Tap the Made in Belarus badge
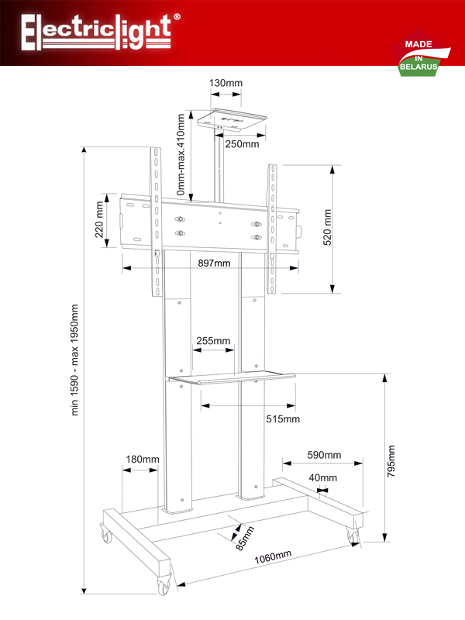pyautogui.click(x=421, y=53)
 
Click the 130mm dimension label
pyautogui.click(x=226, y=83)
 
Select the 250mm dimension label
pyautogui.click(x=242, y=144)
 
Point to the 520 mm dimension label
pyautogui.click(x=327, y=228)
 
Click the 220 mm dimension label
pyautogui.click(x=99, y=220)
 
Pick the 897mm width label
pyautogui.click(x=214, y=263)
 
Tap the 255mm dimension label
pyautogui.click(x=213, y=340)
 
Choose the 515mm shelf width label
pyautogui.click(x=283, y=418)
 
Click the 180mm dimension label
pyautogui.click(x=143, y=459)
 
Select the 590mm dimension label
pyautogui.click(x=324, y=455)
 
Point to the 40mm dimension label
pyautogui.click(x=323, y=477)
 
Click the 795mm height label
pyautogui.click(x=391, y=461)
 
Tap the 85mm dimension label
pyautogui.click(x=245, y=538)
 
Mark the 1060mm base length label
pyautogui.click(x=273, y=556)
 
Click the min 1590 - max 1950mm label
pyautogui.click(x=74, y=360)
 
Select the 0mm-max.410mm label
pyautogui.click(x=181, y=154)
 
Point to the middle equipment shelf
pyautogui.click(x=232, y=377)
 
